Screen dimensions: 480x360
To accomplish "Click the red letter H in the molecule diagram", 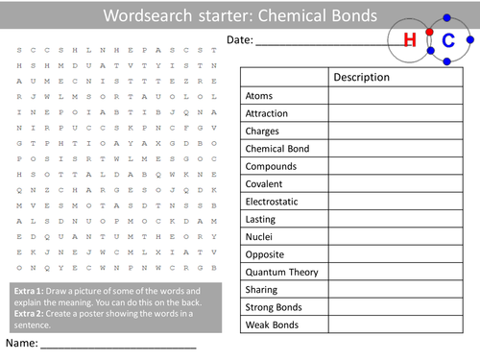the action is (410, 39).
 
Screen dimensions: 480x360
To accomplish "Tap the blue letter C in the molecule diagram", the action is (448, 39).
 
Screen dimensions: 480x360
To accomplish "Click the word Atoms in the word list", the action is (258, 97).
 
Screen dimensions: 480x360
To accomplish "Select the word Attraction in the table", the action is (267, 114).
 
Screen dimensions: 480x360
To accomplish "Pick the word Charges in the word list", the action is (262, 132).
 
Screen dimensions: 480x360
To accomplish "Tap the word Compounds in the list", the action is (271, 167).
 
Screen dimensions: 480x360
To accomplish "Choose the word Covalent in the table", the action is (265, 184).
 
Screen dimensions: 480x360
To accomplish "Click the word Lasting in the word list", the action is (261, 220).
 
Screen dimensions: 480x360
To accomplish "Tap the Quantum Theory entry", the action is (281, 273).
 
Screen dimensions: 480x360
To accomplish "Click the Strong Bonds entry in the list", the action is (274, 307).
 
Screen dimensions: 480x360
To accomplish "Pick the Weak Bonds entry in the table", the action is (271, 324).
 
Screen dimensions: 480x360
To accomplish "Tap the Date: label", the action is (242, 39).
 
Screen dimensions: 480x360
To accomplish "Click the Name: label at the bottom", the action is (21, 343).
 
